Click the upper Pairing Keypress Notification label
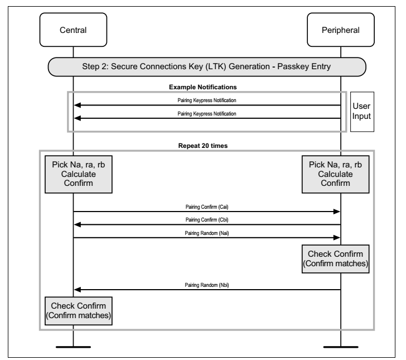(206, 100)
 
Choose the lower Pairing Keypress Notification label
(206, 113)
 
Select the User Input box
(362, 111)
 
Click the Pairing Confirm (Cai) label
(206, 207)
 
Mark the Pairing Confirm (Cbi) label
(206, 220)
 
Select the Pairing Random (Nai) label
(206, 233)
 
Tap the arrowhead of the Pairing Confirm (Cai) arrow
(337, 212)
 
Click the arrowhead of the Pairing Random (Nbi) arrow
(78, 290)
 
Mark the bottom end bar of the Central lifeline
(72, 348)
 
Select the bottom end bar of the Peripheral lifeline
(340, 348)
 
